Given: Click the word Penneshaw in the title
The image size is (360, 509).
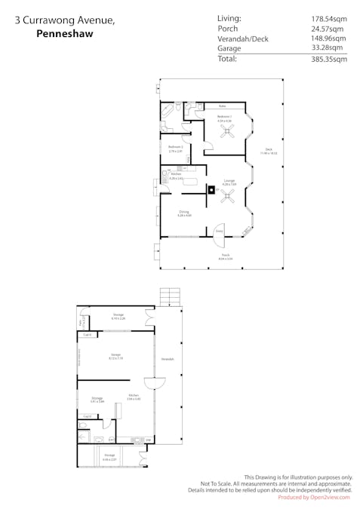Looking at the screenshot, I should click(x=60, y=34).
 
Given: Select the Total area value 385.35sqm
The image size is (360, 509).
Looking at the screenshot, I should click(x=328, y=59).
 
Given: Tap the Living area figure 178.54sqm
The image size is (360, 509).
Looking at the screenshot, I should click(x=328, y=18).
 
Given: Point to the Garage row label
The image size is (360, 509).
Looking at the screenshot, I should click(x=229, y=48).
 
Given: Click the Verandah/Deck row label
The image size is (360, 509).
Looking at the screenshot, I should click(x=243, y=38).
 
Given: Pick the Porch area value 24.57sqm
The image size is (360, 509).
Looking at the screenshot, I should click(x=328, y=29).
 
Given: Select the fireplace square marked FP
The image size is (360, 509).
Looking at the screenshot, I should click(x=212, y=190).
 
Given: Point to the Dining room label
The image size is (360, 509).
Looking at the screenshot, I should click(x=184, y=213).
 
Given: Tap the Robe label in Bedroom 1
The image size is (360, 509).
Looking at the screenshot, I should click(x=223, y=106).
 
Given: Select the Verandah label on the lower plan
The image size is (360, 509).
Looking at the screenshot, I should click(x=168, y=359).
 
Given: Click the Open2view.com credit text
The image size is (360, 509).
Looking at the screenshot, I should click(x=315, y=497).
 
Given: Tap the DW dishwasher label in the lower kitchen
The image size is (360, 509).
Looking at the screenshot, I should click(x=148, y=440).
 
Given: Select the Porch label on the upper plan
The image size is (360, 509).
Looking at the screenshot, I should click(x=226, y=256).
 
